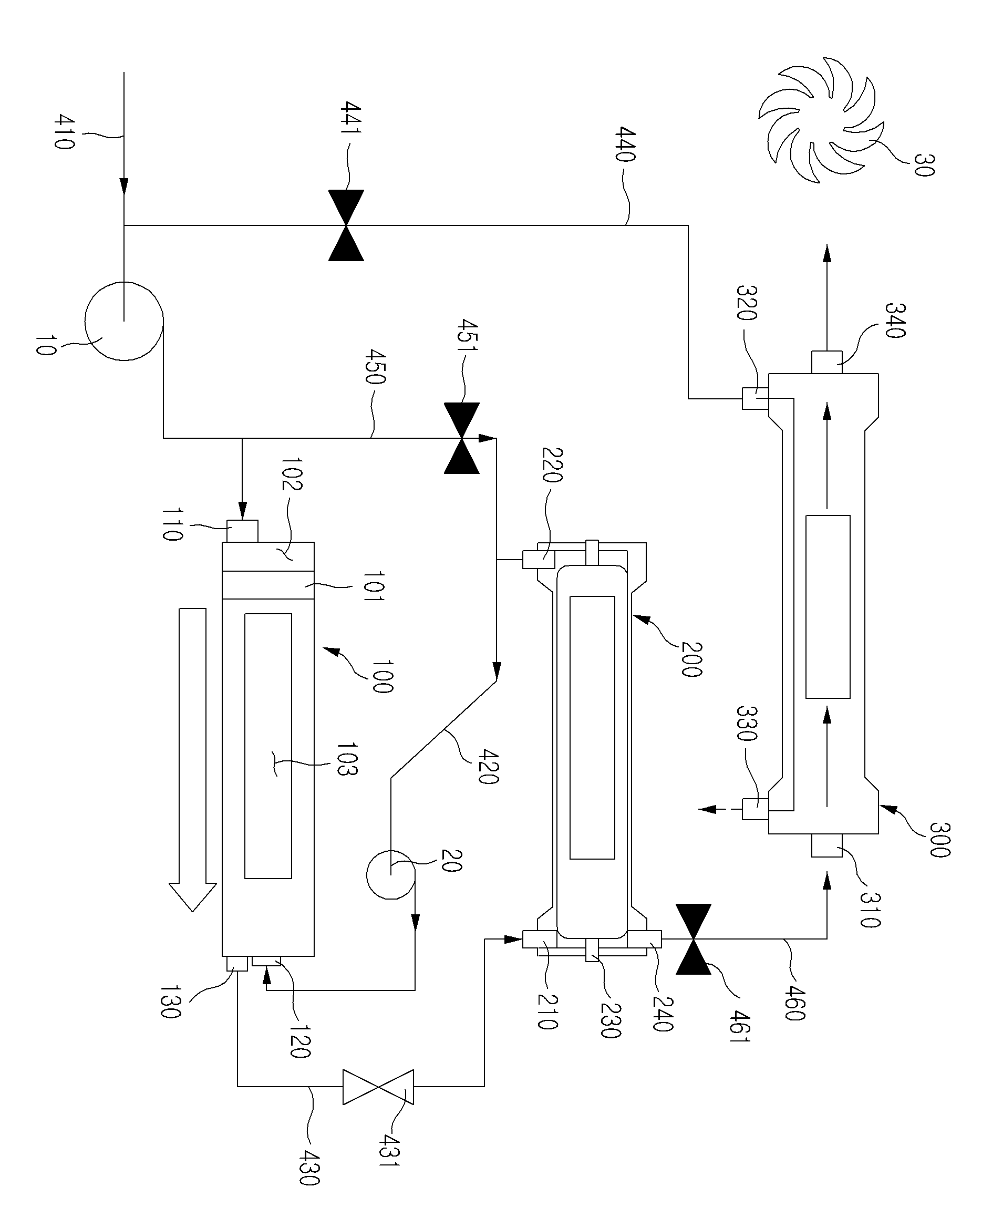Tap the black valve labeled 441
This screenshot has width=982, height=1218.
pos(346,225)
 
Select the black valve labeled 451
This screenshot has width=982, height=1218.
pos(462,438)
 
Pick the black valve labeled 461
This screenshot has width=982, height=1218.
pos(694,939)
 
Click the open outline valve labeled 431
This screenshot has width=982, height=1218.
pos(378,1086)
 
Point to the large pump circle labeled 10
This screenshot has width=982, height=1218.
pos(124,321)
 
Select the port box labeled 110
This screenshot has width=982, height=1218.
pos(243,531)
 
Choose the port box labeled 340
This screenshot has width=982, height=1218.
pos(827,362)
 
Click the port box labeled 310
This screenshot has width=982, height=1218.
pos(827,861)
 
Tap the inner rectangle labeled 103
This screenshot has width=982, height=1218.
pos(268,746)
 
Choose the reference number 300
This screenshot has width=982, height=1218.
pos(939,841)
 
